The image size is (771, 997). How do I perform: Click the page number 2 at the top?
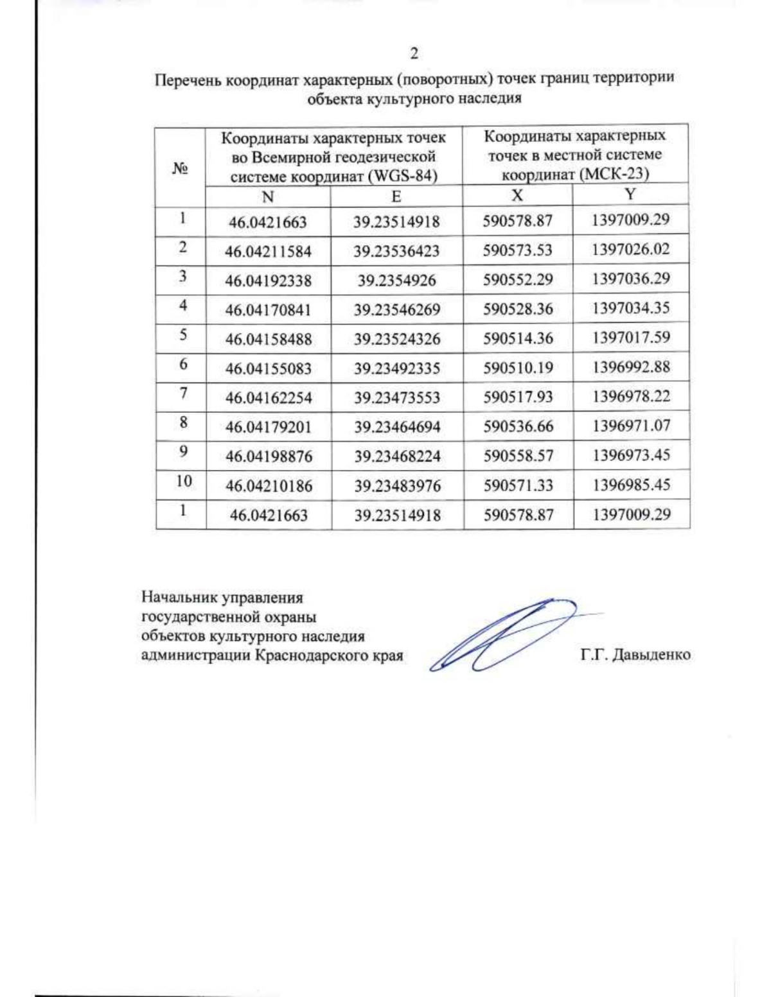coord(414,53)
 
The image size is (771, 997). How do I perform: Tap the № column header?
coord(180,168)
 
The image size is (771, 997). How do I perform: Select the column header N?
coord(268,196)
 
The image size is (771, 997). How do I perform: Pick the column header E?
coord(396,196)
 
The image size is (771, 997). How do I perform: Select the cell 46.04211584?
coord(268,251)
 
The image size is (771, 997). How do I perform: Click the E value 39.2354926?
coord(396,281)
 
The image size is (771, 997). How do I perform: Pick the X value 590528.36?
coord(518,309)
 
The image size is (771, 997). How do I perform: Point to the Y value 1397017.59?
coord(631,338)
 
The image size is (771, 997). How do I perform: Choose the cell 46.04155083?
coord(268,368)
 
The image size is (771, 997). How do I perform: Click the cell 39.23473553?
coord(397,398)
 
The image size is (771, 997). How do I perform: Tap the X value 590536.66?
coord(518,427)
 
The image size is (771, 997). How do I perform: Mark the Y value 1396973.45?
coord(631,455)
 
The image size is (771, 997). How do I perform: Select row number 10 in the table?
coord(184,481)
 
